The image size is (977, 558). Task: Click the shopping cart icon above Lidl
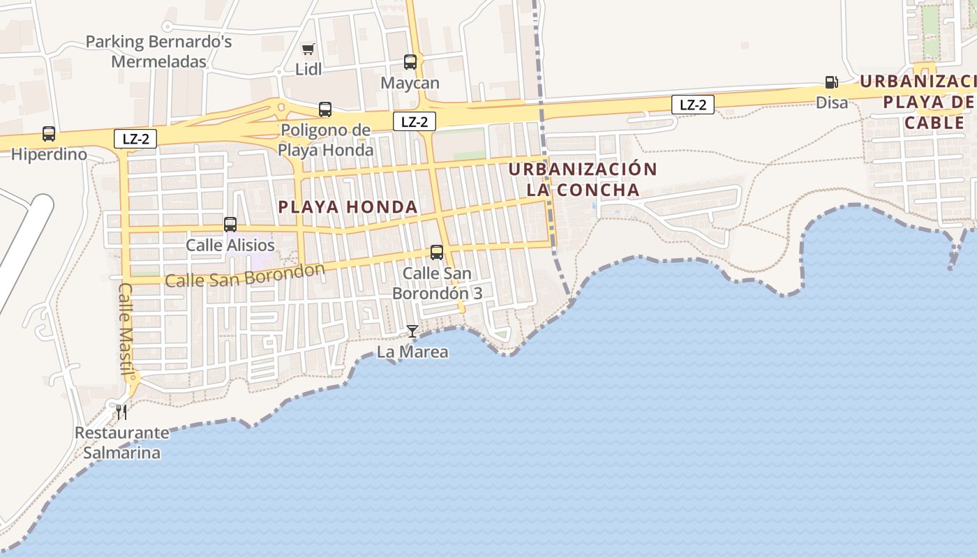308,49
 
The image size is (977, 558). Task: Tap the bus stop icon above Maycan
410,62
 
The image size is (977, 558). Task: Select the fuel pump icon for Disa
831,82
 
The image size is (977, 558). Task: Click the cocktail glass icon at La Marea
412,331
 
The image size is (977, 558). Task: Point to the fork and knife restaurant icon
122,412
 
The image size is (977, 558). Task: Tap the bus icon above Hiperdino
49,134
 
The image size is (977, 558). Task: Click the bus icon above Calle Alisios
230,225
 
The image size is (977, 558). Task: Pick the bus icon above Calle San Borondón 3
437,252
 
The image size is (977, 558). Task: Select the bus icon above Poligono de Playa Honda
325,110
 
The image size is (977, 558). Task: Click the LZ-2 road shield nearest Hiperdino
135,139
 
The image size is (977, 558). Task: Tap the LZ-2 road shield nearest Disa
693,105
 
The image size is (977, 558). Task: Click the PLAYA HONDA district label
348,207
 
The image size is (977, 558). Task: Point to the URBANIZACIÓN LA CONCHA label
583,179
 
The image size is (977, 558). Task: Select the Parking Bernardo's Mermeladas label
159,52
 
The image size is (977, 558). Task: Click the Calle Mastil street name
126,329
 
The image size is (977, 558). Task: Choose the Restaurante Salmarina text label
122,443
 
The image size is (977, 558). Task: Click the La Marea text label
412,352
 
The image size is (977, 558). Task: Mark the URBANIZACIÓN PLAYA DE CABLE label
921,102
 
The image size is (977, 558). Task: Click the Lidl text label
308,69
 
